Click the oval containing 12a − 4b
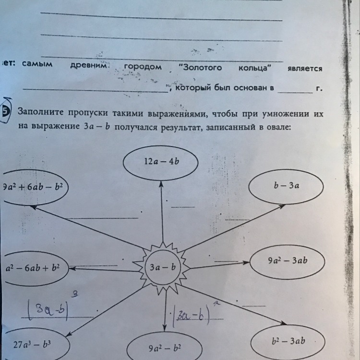161,163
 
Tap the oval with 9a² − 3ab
287,262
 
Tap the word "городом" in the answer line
143,67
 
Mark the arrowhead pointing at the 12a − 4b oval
162,184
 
